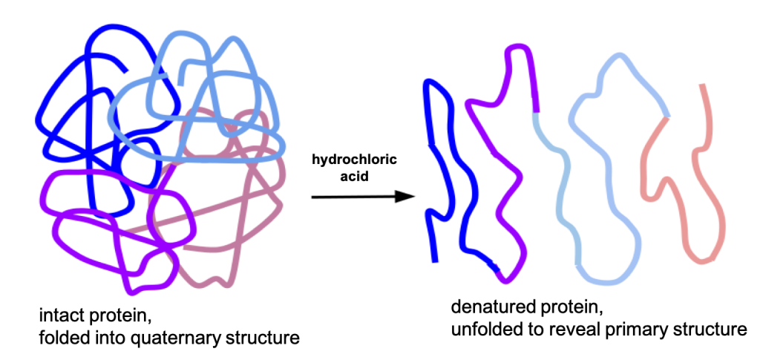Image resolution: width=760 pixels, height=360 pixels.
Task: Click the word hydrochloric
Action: [x=353, y=160]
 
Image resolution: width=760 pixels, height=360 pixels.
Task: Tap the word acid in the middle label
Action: [x=353, y=177]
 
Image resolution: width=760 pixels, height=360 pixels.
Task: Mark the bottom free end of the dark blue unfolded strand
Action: [x=436, y=260]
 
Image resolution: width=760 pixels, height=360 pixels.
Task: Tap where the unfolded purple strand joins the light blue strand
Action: [x=537, y=111]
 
